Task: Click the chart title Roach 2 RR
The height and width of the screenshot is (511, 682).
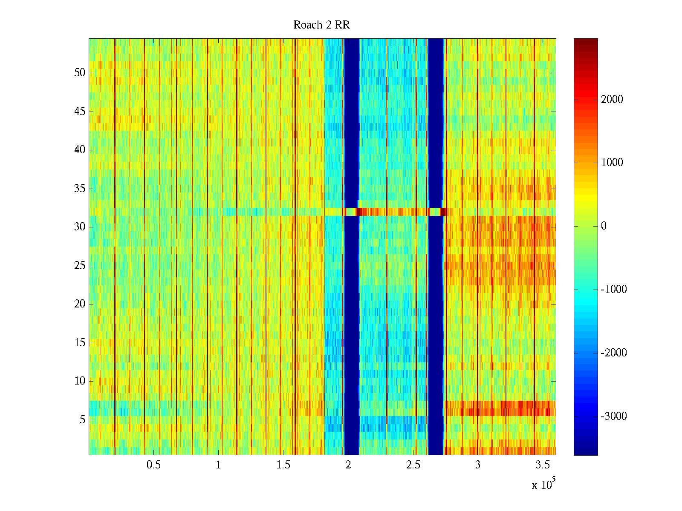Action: (321, 25)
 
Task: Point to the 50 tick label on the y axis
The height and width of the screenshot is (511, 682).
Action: (80, 73)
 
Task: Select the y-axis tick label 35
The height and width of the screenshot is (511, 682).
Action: (80, 189)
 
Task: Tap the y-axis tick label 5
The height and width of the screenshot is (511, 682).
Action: (82, 420)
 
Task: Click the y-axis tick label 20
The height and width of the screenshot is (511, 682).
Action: (80, 304)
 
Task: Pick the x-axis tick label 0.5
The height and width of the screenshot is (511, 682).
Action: (153, 465)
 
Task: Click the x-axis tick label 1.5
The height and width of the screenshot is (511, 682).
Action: (283, 465)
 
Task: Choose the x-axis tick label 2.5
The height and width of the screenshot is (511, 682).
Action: (413, 465)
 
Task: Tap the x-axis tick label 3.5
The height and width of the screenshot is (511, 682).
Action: (543, 465)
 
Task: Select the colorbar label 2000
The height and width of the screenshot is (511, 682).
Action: (612, 100)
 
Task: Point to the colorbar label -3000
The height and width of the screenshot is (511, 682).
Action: (614, 416)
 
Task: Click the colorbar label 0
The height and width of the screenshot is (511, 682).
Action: (604, 226)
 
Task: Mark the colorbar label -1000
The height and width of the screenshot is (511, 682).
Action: (614, 290)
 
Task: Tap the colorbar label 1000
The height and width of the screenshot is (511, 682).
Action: (612, 163)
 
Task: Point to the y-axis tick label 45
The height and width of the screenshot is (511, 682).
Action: (80, 112)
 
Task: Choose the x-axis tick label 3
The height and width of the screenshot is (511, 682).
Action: (477, 465)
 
